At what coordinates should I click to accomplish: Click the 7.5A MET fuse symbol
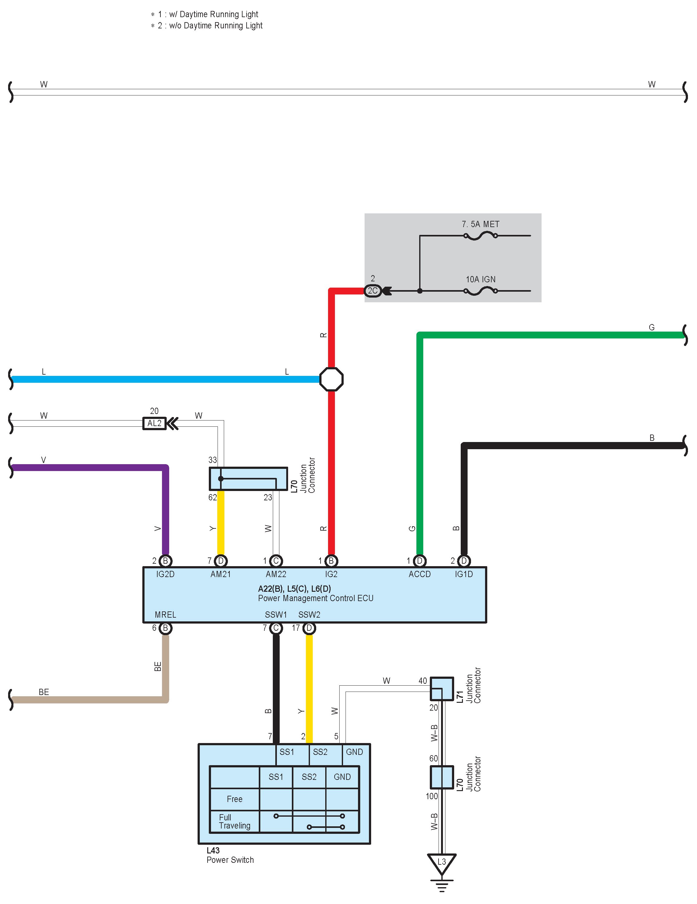480,236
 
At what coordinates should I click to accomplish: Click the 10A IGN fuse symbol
480,291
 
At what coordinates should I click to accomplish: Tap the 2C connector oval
372,291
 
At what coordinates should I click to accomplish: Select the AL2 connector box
154,423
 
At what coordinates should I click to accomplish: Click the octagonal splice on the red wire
331,379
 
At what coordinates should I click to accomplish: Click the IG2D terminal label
165,574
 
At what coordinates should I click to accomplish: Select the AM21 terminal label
220,574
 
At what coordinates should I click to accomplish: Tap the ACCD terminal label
420,574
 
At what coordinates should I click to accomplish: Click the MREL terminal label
165,615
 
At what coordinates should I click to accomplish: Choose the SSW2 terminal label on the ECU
309,615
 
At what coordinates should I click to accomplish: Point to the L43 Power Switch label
230,855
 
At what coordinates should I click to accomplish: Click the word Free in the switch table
234,799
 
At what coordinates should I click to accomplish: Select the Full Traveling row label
234,821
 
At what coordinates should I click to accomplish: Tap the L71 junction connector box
442,688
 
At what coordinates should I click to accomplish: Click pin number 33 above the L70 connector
213,460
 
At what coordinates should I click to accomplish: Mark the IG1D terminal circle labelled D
464,561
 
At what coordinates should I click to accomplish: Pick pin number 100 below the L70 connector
432,796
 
